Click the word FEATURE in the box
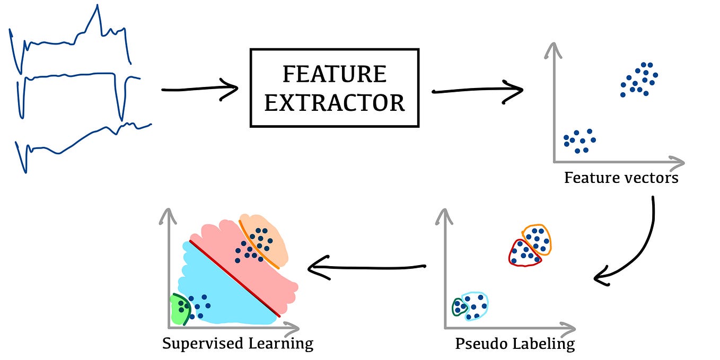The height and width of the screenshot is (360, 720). [334, 74]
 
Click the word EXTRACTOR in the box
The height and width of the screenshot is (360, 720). [334, 103]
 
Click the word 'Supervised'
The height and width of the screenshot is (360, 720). [203, 343]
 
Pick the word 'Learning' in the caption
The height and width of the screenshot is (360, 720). [281, 343]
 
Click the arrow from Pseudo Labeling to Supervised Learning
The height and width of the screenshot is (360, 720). [366, 268]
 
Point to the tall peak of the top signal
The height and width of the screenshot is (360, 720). [97, 6]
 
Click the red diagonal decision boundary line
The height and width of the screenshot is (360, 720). [235, 278]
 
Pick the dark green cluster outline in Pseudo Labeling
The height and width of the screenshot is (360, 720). [453, 307]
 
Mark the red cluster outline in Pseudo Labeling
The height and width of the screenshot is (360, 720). [511, 254]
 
